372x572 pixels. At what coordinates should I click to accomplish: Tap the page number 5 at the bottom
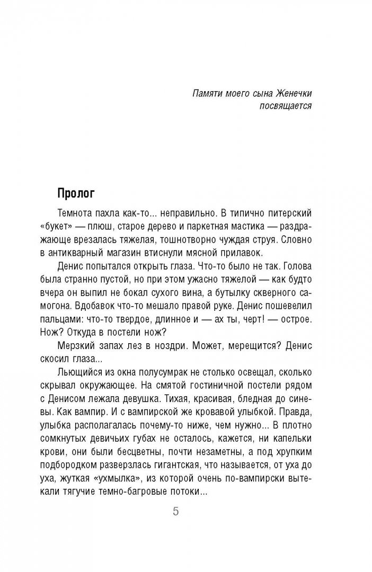point(176,513)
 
